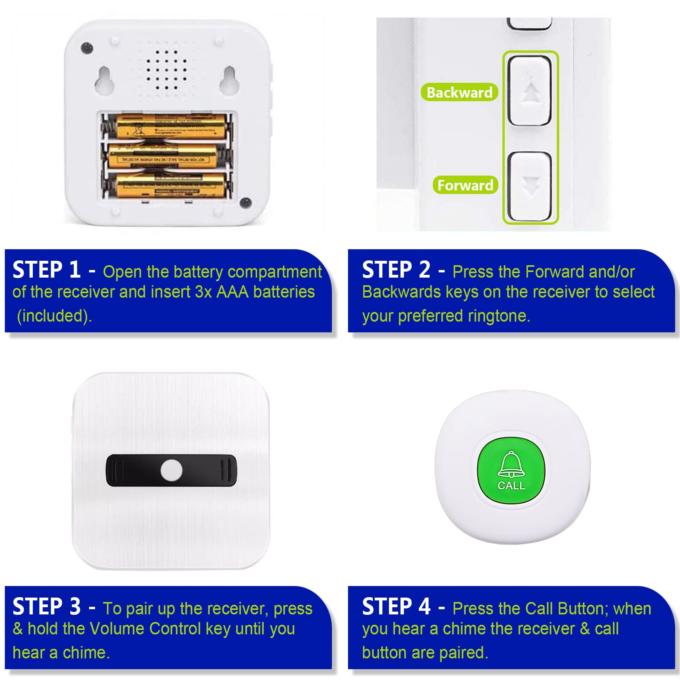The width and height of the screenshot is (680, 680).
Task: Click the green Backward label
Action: click(459, 92)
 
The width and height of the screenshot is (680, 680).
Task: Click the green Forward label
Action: click(465, 185)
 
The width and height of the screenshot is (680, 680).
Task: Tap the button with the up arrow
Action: click(530, 91)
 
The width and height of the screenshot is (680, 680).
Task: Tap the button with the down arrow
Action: click(530, 186)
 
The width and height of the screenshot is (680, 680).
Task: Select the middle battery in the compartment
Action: click(164, 156)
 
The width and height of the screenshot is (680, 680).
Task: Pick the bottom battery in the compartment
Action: click(170, 185)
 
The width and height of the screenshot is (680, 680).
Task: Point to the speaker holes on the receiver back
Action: click(166, 70)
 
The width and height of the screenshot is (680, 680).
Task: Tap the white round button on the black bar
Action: click(171, 470)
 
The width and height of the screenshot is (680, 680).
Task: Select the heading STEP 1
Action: click(46, 270)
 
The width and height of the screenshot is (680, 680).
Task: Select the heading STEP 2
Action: click(396, 270)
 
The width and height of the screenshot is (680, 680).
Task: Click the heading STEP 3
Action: click(46, 606)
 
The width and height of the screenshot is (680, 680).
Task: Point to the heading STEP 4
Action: click(396, 606)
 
